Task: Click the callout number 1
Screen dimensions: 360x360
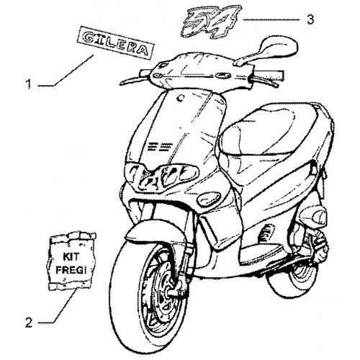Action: point(29,84)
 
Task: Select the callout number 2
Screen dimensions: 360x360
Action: point(29,323)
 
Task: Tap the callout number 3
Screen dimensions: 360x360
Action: point(310,19)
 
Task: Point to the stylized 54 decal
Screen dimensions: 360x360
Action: point(211,22)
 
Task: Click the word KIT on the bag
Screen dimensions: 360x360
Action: point(71,257)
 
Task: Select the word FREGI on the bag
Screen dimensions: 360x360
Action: point(71,270)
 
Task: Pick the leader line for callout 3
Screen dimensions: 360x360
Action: point(271,20)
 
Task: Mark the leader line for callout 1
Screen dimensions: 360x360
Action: point(66,70)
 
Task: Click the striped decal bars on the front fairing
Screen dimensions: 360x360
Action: point(159,146)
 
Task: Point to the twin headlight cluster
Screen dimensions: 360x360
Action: point(161,175)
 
